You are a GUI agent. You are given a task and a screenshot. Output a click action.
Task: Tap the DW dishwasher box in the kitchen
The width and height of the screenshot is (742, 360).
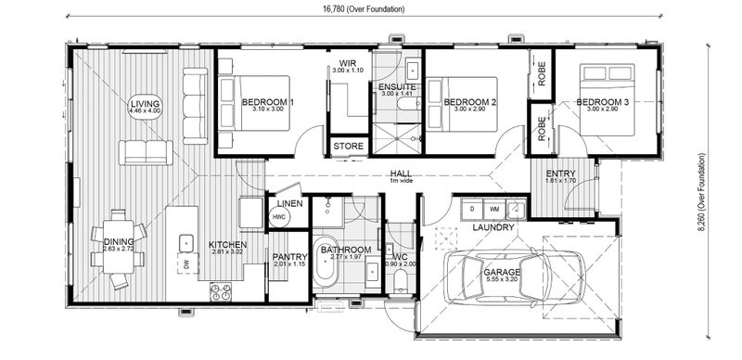click(x=188, y=264)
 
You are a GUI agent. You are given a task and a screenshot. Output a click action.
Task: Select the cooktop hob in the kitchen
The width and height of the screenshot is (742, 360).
click(x=221, y=291)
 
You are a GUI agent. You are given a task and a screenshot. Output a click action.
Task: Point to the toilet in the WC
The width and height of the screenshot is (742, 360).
click(x=401, y=280)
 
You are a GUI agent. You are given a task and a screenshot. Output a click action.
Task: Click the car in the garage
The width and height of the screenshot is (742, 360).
click(x=514, y=275)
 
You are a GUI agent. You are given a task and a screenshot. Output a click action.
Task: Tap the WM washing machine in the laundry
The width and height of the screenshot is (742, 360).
click(x=494, y=209)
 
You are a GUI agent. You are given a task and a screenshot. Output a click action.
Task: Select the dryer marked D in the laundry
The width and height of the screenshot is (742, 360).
click(x=472, y=209)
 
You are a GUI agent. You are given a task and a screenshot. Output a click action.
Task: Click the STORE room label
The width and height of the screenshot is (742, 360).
click(x=349, y=146)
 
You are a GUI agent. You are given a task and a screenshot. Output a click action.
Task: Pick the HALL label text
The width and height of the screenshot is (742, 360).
click(x=401, y=173)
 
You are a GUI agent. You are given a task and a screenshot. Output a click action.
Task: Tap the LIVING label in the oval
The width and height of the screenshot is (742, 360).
click(x=145, y=104)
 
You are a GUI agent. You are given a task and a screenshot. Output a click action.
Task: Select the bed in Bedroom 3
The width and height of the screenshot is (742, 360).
click(x=608, y=100)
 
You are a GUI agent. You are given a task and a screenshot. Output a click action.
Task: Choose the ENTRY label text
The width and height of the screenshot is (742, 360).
click(x=560, y=174)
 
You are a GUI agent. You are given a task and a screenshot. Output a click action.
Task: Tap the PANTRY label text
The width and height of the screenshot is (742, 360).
click(x=290, y=257)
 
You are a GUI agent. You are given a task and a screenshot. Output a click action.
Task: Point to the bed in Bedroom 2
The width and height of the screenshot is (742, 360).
click(x=461, y=104)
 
